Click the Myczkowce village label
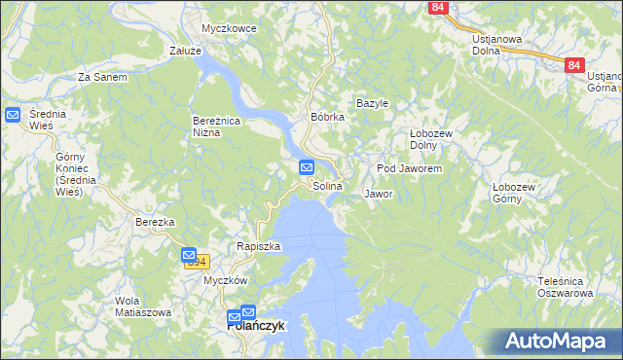coord(229,28)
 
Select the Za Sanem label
coord(102,76)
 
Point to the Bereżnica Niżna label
coord(211,126)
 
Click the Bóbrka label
coord(328,117)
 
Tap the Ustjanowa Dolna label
coord(496,45)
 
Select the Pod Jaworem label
coord(410,168)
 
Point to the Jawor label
coord(378,194)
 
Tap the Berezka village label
coord(155,222)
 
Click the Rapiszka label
coord(258,246)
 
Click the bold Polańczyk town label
coord(255,327)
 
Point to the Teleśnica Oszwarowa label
coord(566,287)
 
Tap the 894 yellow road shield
coord(197,261)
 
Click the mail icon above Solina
coord(306,168)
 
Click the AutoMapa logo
coord(556,341)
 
